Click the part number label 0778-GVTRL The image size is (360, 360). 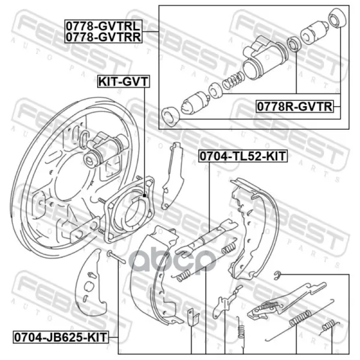pyautogui.click(x=103, y=26)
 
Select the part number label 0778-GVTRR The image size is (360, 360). pyautogui.click(x=104, y=37)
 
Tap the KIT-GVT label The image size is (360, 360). pyautogui.click(x=124, y=81)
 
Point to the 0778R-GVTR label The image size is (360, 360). pyautogui.click(x=295, y=107)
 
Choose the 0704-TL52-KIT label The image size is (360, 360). pyautogui.click(x=243, y=156)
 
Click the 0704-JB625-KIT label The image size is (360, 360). pyautogui.click(x=61, y=337)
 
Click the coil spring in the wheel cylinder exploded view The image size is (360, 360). pyautogui.click(x=233, y=80)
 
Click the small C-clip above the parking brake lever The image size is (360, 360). pyautogui.click(x=278, y=275)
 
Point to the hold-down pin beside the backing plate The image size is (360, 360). pyautogui.click(x=116, y=257)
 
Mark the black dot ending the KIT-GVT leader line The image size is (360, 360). pyautogui.click(x=145, y=196)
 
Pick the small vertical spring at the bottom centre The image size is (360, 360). pyautogui.click(x=241, y=328)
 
